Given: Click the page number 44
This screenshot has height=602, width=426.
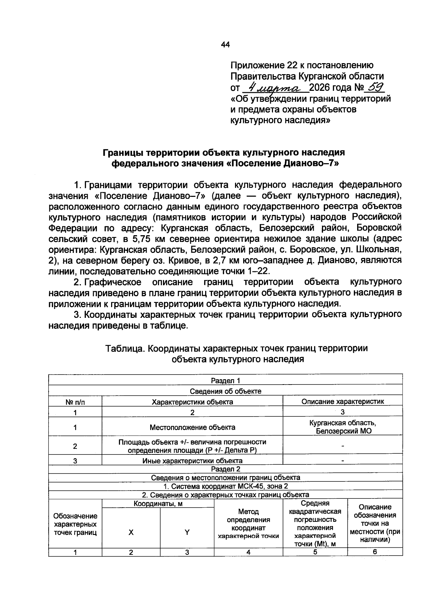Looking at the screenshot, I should (x=225, y=45).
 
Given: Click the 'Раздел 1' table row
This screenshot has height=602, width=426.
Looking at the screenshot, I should (x=225, y=381).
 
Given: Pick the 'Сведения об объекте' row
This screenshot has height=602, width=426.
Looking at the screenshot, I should (x=225, y=391).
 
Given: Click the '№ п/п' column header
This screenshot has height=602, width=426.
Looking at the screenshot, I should (x=75, y=402).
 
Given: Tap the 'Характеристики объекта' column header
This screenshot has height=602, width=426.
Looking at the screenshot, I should (x=192, y=402).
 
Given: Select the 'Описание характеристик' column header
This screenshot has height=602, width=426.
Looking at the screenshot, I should (x=343, y=402).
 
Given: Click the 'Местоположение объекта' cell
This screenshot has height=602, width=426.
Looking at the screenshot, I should (x=192, y=427).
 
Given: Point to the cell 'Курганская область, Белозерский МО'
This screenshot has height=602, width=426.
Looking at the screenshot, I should (x=343, y=427).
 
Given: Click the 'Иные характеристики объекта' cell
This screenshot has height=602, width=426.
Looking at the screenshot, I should (x=192, y=461).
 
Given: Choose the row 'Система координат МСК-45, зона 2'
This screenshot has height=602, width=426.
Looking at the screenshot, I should (x=225, y=486).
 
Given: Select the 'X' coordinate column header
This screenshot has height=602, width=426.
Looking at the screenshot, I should (x=131, y=532).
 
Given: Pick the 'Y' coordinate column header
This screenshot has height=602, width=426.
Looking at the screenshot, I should (x=187, y=532).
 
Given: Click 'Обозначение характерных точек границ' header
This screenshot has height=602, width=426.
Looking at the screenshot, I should (x=75, y=524).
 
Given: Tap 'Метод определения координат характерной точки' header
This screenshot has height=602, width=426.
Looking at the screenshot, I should (x=248, y=524).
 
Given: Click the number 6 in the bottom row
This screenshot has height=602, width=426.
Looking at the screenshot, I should (x=375, y=552).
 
